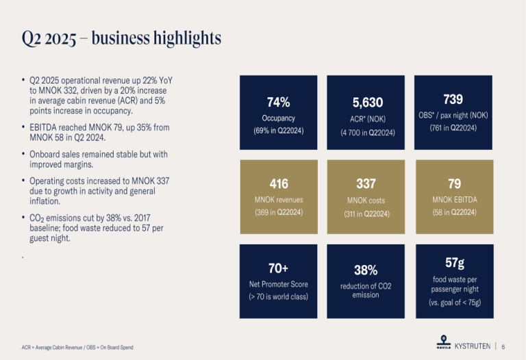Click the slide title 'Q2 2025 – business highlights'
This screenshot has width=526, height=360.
pos(121,38)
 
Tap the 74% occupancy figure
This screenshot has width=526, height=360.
pos(278,103)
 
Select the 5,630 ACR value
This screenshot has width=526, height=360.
pos(368,103)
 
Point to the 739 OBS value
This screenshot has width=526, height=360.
pos(453,100)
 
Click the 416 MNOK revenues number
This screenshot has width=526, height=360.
pos(278,183)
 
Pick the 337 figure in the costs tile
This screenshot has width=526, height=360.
pos(368,183)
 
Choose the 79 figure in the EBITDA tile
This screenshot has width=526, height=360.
pos(453,183)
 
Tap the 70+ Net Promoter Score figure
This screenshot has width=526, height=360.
pos(278,267)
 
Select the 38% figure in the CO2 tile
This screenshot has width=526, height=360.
pos(366,270)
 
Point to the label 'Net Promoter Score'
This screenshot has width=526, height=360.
pos(278,284)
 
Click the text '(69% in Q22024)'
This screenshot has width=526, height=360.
pos(278,131)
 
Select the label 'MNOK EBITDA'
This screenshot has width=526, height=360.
pos(453,200)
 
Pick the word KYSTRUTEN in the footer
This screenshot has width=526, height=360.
pos(473,346)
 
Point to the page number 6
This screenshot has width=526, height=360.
pos(503,346)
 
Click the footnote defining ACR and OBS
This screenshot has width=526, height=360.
pos(77,348)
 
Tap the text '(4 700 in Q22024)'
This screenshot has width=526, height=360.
pos(368,132)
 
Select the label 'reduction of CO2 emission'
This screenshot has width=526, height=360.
pos(366,290)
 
